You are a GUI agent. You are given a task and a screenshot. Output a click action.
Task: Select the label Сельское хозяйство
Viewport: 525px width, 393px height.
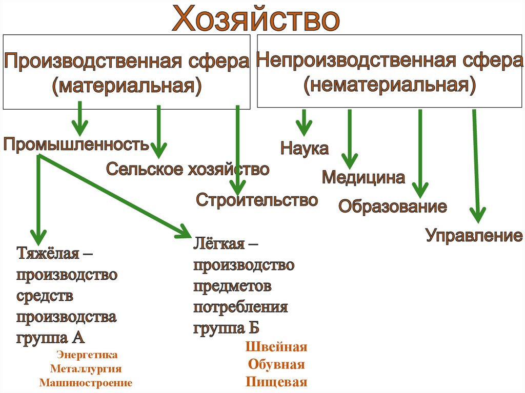pos(188,169)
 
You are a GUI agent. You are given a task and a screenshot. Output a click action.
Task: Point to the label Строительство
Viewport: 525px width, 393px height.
pos(257,200)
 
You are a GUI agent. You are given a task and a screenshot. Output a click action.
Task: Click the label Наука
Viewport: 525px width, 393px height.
pos(304,149)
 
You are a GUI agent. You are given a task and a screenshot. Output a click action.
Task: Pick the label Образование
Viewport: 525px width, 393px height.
pos(392,207)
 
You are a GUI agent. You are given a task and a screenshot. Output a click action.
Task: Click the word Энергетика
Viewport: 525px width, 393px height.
pos(87,355)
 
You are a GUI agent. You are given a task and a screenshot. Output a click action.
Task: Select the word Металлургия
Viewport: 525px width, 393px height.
pos(86,368)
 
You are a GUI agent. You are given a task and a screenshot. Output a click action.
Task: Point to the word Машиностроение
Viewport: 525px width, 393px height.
pos(86,383)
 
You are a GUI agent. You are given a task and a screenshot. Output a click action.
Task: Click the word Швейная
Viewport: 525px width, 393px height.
pos(276,347)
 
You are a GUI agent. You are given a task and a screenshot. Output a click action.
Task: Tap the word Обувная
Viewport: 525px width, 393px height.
pos(276,365)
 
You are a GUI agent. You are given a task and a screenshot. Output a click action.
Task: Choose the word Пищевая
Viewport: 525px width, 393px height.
pos(276,382)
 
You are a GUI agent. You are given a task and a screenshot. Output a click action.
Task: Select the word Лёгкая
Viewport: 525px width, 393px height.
pos(218,243)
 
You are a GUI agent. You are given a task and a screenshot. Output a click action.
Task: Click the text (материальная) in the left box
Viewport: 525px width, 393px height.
pos(126,85)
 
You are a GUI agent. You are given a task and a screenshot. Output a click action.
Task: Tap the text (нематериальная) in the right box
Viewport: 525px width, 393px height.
pos(389,85)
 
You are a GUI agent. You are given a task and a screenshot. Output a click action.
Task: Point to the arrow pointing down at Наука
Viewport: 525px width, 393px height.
pos(304,123)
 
